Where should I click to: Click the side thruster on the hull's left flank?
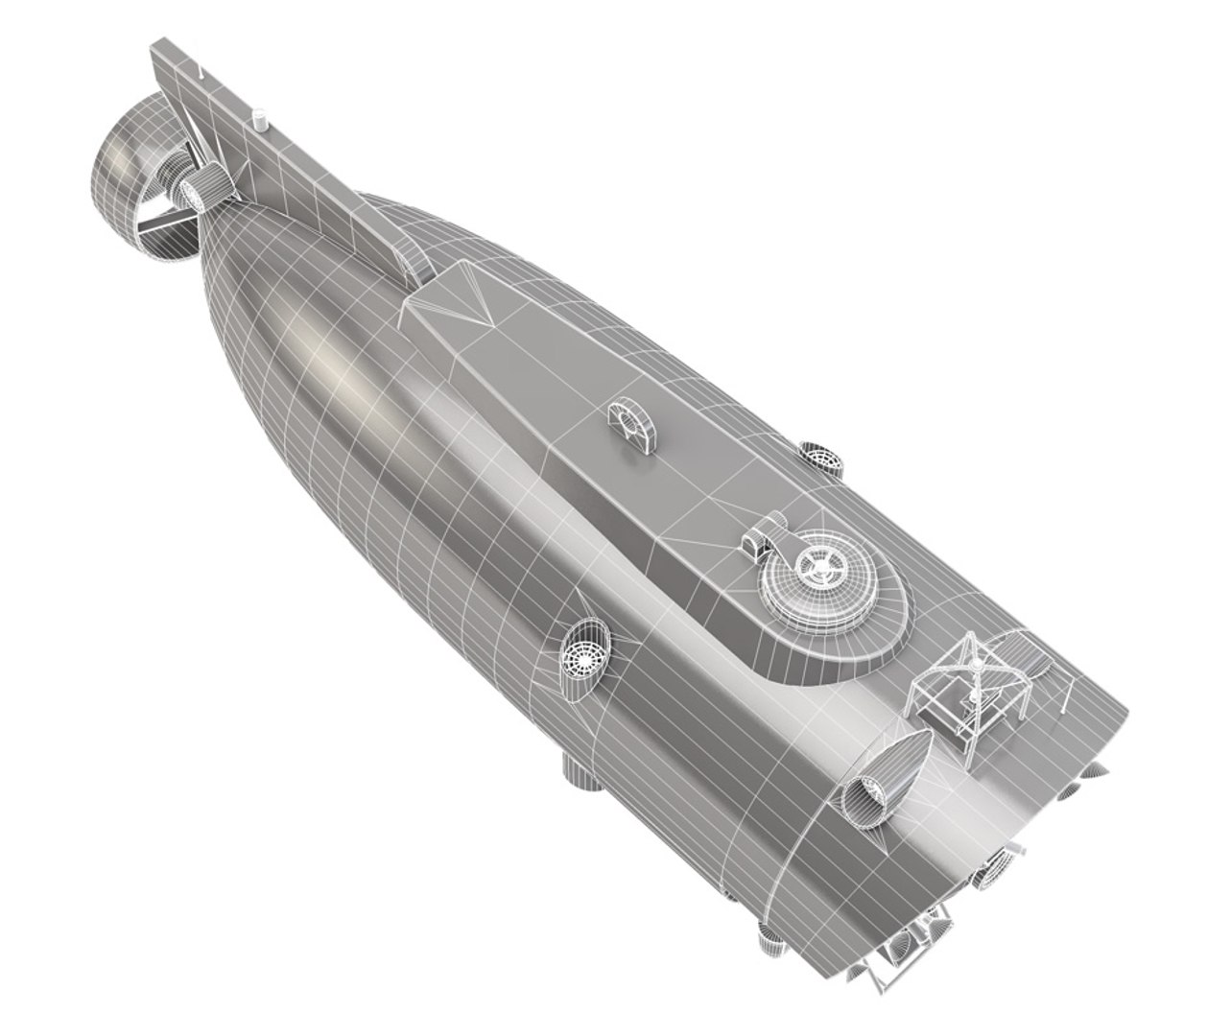point(585,650)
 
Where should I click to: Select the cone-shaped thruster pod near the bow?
point(883,777)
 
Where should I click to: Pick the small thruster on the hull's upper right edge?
point(821,457)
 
